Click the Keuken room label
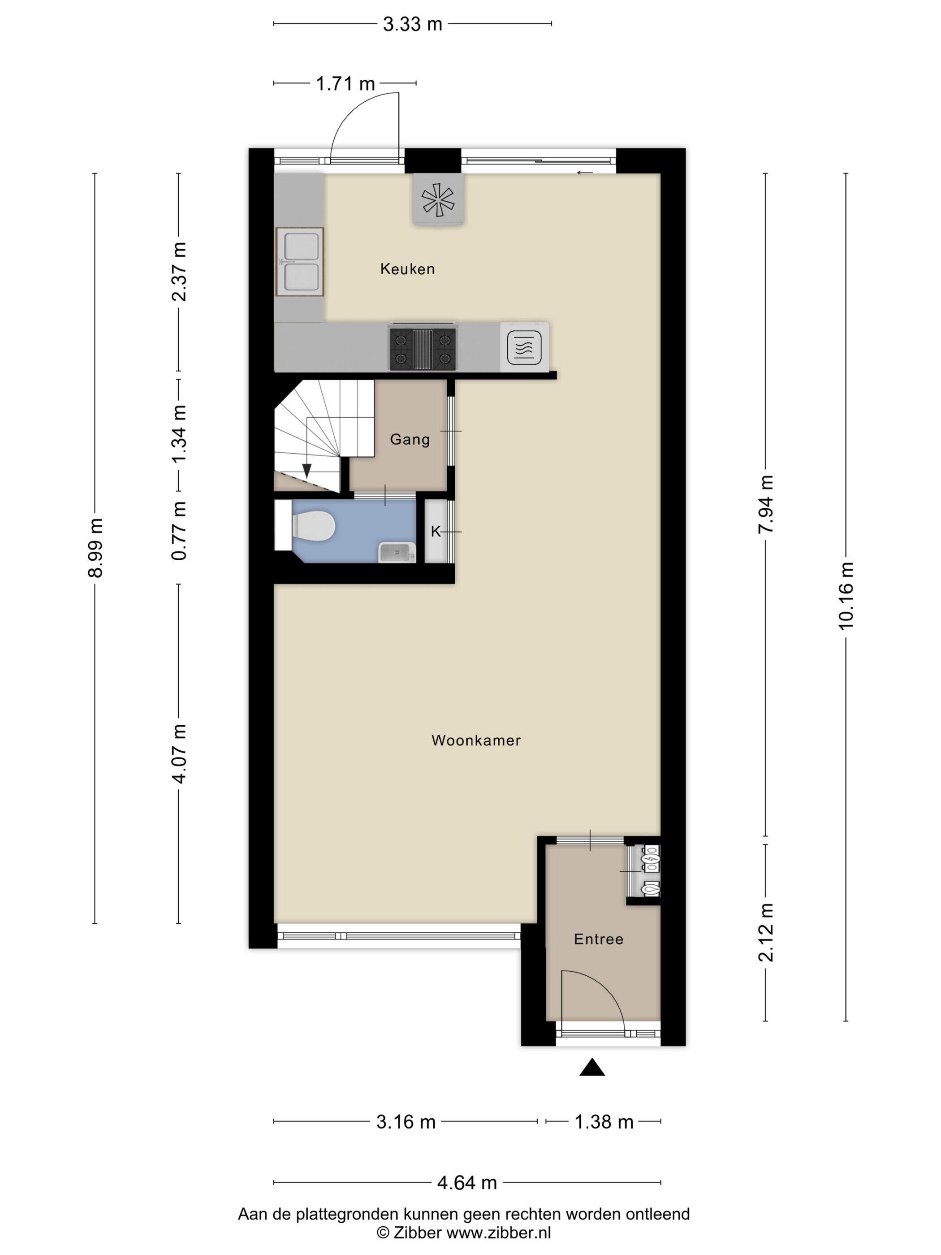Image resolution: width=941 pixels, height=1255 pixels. pos(407,269)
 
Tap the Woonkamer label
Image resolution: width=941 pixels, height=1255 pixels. pos(476,740)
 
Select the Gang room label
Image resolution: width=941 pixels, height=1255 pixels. pos(410,439)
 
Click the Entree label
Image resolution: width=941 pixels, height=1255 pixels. pos(598,939)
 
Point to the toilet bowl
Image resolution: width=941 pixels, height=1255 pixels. pos(312,525)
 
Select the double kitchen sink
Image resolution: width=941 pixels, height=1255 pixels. pos(299,262)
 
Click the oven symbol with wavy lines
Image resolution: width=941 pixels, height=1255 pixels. pos(523,347)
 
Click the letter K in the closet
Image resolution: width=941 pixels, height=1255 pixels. pos(435,532)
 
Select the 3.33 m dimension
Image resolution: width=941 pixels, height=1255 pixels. pos(412,24)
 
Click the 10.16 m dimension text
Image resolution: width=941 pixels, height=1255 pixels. pos(845,596)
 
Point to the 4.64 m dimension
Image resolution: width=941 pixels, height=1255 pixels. pos(467,1183)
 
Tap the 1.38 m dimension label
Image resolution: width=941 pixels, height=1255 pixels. pos(604,1122)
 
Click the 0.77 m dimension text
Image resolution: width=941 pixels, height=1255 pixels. pos(179,531)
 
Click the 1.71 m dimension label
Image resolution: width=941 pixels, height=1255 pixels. pos(345,84)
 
